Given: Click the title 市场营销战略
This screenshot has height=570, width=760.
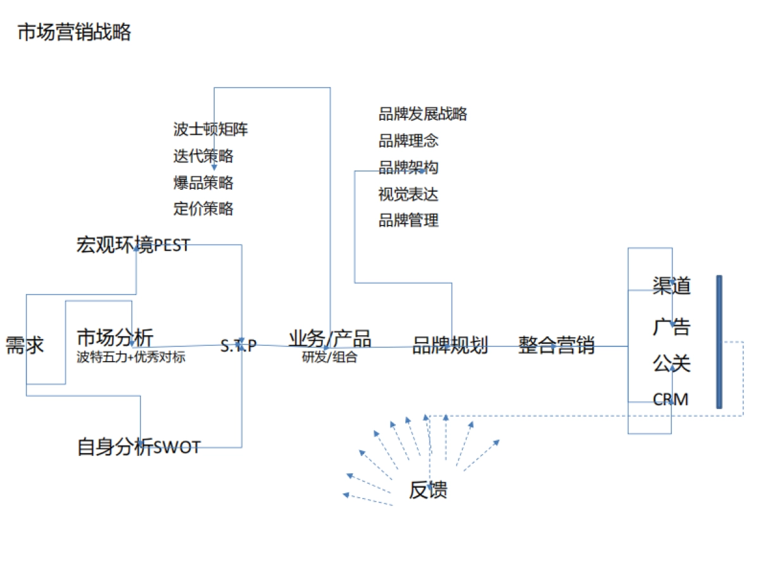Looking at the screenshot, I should [x=74, y=32].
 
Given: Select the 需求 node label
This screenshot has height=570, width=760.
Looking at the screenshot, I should [x=25, y=346].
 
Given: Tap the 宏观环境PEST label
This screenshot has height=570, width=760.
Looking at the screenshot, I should [x=133, y=245].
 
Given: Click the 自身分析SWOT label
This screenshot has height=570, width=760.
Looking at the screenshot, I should [x=139, y=447].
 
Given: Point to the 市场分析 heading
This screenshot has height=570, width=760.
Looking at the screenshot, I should [x=115, y=337].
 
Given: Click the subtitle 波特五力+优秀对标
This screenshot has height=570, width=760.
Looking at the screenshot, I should [x=130, y=357].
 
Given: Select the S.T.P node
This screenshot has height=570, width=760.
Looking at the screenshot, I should [x=239, y=346].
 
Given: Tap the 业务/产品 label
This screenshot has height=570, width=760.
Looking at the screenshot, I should [x=330, y=339].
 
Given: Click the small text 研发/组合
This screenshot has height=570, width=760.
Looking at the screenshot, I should [x=329, y=357].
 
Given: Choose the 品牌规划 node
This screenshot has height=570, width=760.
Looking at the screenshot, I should [x=450, y=346].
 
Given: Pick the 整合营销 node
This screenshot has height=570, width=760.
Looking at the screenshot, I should [x=557, y=346].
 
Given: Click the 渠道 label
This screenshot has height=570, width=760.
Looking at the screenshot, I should [x=671, y=286].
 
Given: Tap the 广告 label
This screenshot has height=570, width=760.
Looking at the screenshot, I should [x=671, y=327].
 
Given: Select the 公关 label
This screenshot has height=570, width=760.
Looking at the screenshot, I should [x=671, y=364].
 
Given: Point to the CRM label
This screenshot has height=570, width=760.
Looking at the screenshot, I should [x=671, y=400].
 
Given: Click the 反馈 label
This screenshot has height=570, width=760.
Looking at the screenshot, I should [x=428, y=490].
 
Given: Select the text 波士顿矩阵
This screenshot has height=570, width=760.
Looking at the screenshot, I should [x=211, y=130].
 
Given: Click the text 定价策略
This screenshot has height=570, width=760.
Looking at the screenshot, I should [x=203, y=208].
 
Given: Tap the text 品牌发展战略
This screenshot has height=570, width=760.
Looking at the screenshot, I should [x=423, y=114].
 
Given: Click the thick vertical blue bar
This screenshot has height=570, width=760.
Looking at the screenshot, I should [x=719, y=342].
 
